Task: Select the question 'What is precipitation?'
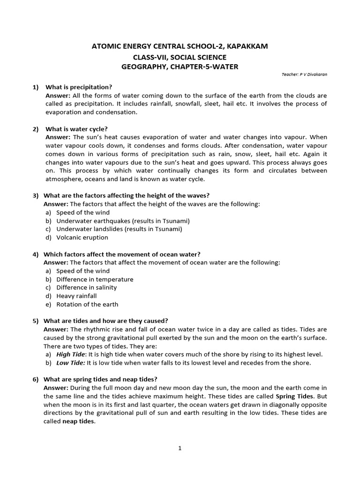coord(79,87)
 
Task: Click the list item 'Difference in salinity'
coord(86,287)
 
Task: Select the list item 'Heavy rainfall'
coord(76,296)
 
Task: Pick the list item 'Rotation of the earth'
coord(87,304)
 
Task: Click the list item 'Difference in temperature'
coord(95,279)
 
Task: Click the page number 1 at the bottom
coord(180,448)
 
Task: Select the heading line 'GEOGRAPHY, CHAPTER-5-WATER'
coord(180,67)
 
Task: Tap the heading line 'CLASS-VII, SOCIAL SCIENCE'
coord(180,56)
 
